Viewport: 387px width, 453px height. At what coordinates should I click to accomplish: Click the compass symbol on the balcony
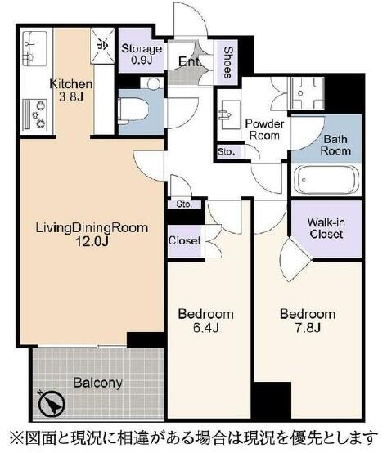[52, 402]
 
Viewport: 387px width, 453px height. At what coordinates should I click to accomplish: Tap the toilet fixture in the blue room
[133, 112]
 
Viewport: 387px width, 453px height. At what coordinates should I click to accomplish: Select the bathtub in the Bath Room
[326, 181]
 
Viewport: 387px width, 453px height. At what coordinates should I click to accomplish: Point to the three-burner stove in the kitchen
[34, 114]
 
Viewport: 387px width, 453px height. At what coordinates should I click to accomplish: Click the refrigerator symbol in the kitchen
[102, 46]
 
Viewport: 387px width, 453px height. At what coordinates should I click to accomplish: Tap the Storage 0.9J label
[142, 54]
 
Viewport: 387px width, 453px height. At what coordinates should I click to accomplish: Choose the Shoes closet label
[228, 62]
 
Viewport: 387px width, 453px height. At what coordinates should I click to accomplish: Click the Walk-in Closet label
[326, 228]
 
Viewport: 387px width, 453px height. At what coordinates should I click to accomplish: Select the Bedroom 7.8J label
[308, 321]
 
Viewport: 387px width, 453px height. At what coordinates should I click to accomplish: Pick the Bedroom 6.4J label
[206, 321]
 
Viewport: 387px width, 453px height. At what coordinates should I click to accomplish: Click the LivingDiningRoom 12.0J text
[92, 235]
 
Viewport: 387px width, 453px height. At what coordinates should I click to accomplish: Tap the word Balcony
[98, 383]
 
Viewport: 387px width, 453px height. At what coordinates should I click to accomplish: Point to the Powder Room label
[264, 130]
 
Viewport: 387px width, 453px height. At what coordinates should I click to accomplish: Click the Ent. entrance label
[189, 61]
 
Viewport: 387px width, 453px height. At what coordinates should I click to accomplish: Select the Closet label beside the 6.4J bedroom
[184, 240]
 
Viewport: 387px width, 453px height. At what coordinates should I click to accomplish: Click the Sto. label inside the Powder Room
[227, 151]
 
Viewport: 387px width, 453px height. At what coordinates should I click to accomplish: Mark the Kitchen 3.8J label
[71, 91]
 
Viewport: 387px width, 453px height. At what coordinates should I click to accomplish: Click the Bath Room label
[335, 145]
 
